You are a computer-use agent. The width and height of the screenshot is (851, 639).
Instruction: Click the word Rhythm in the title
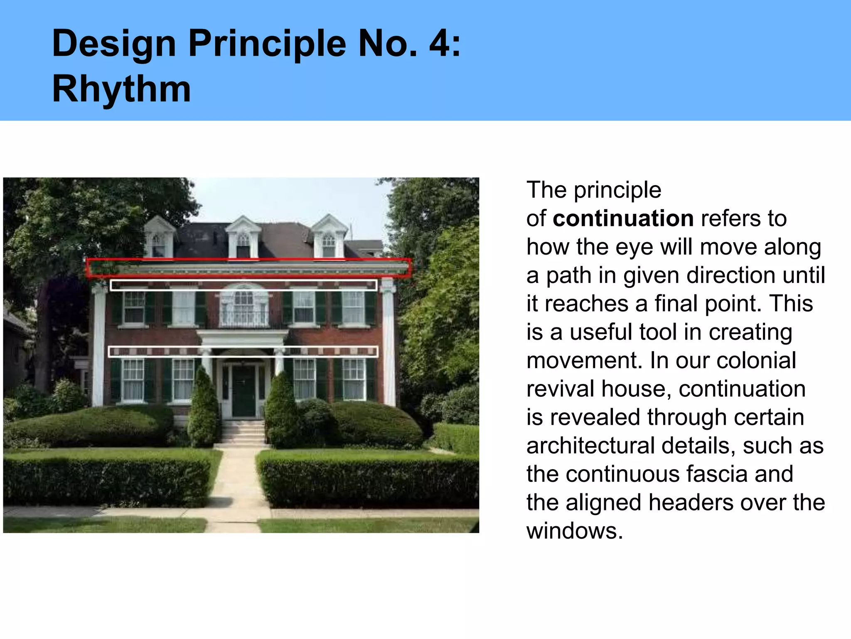tap(121, 89)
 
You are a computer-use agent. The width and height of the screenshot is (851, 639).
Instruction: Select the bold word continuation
tap(623, 218)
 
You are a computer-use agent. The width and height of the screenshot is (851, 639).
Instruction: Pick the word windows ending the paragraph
tap(574, 531)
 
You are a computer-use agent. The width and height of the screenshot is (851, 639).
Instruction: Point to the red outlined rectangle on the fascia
tap(248, 268)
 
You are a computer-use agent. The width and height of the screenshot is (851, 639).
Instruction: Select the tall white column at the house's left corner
tap(98, 345)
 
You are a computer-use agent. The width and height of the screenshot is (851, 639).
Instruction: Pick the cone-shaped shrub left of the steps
tap(204, 410)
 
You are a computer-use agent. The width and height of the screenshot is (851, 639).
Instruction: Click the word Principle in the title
tap(267, 44)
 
